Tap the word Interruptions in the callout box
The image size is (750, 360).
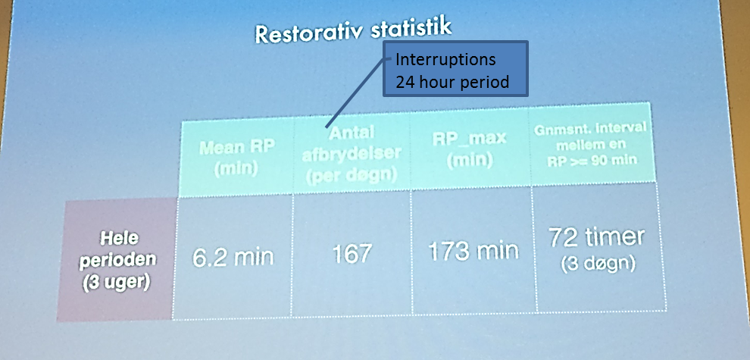pos(445,61)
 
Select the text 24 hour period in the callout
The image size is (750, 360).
pos(452,82)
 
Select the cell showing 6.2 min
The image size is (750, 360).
pos(233,257)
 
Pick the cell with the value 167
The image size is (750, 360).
pos(352,253)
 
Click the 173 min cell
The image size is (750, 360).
pos(473,251)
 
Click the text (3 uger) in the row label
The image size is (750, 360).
pos(115,283)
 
